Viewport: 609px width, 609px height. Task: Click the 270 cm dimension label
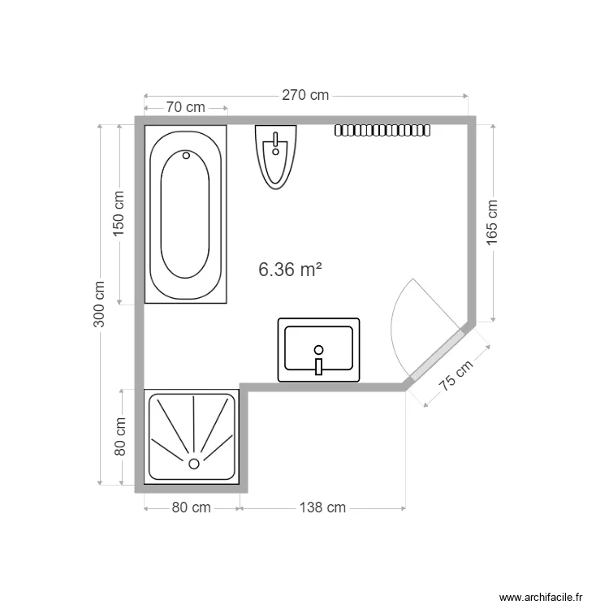[x=305, y=95]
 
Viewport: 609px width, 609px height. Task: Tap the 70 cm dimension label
[x=185, y=107]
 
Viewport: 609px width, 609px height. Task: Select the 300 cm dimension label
[x=99, y=304]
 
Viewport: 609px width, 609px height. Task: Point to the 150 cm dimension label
[x=119, y=214]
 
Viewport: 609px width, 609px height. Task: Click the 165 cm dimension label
[x=492, y=222]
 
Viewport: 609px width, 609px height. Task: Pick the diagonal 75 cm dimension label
[x=456, y=375]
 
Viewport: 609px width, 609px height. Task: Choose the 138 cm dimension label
[x=322, y=508]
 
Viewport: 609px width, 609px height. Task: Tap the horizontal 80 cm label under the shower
[x=191, y=508]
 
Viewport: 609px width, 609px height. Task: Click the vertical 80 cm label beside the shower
[x=120, y=437]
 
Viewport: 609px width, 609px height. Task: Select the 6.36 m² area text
[x=290, y=269]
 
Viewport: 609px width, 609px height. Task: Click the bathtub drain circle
[x=186, y=155]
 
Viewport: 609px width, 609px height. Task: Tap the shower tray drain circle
[x=194, y=464]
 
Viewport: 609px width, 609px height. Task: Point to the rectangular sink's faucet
[x=319, y=367]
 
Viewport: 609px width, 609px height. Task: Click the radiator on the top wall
[x=382, y=131]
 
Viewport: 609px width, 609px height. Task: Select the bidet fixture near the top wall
[x=276, y=157]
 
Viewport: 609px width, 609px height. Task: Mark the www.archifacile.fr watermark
[x=541, y=597]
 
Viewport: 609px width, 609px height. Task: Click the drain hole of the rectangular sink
[x=319, y=350]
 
